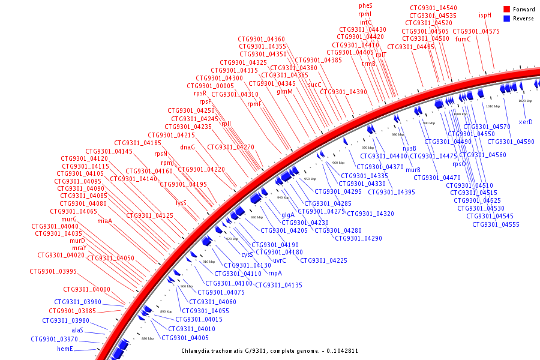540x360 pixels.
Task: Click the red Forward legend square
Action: tap(506, 9)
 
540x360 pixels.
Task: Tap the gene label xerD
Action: tap(526, 122)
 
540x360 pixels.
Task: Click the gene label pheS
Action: tap(365, 5)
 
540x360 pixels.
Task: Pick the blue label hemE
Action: tap(65, 349)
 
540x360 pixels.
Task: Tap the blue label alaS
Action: tap(77, 330)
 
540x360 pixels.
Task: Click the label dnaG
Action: tap(188, 147)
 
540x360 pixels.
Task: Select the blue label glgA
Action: tap(288, 215)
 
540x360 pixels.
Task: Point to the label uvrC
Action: tap(280, 260)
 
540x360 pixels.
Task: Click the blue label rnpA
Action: tap(275, 273)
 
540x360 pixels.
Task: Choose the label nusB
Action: tap(409, 148)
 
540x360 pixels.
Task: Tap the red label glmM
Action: tap(285, 92)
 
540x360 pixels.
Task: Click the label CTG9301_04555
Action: tap(496, 224)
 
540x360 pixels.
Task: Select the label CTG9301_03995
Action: tap(53, 271)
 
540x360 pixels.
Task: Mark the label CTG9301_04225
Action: tap(323, 260)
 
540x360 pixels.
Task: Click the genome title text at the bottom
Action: tap(270, 350)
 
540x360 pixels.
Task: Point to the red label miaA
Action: tap(104, 221)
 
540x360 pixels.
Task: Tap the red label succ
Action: tap(315, 85)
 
